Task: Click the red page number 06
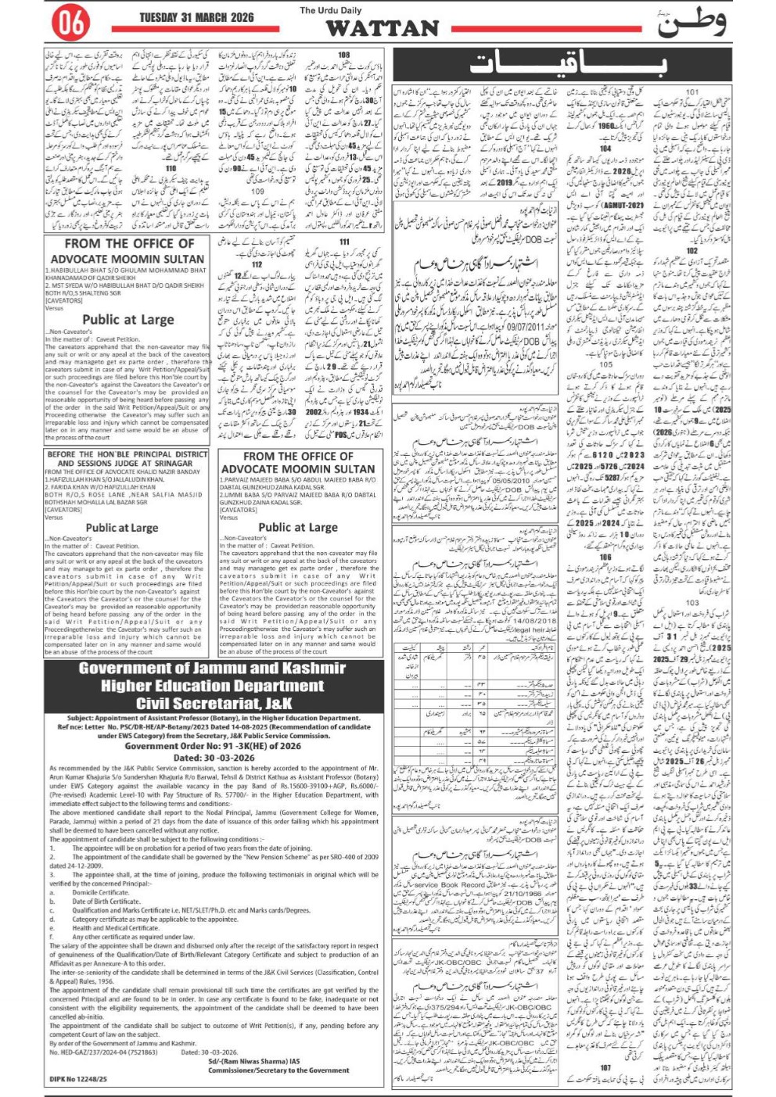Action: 70,25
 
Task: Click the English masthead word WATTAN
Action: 382,29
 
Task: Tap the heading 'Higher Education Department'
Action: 213,686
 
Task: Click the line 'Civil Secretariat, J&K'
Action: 213,703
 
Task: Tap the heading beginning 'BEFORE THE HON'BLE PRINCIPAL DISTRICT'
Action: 127,453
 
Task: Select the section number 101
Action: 692,92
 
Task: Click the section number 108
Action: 343,56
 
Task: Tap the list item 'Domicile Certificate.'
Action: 101,892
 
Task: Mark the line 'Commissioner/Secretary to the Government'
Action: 278,1070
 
